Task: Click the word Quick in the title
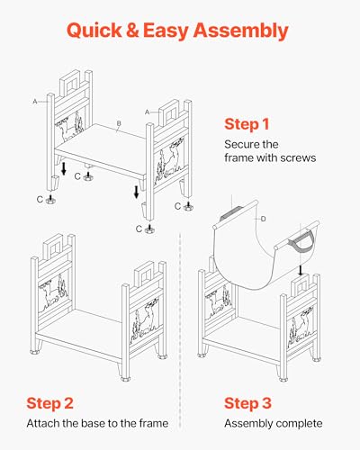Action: (94, 31)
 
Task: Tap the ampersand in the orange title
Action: (132, 31)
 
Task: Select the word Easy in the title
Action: (166, 31)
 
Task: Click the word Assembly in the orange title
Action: (240, 31)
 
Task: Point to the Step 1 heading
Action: (247, 124)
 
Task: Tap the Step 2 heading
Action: (49, 403)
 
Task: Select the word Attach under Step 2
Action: (42, 423)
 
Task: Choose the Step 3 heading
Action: (247, 403)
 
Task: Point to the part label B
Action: (119, 123)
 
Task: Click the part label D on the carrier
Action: (263, 219)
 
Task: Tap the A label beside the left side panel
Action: (35, 102)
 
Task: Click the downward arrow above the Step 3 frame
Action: (301, 270)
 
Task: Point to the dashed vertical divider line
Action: (180, 330)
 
